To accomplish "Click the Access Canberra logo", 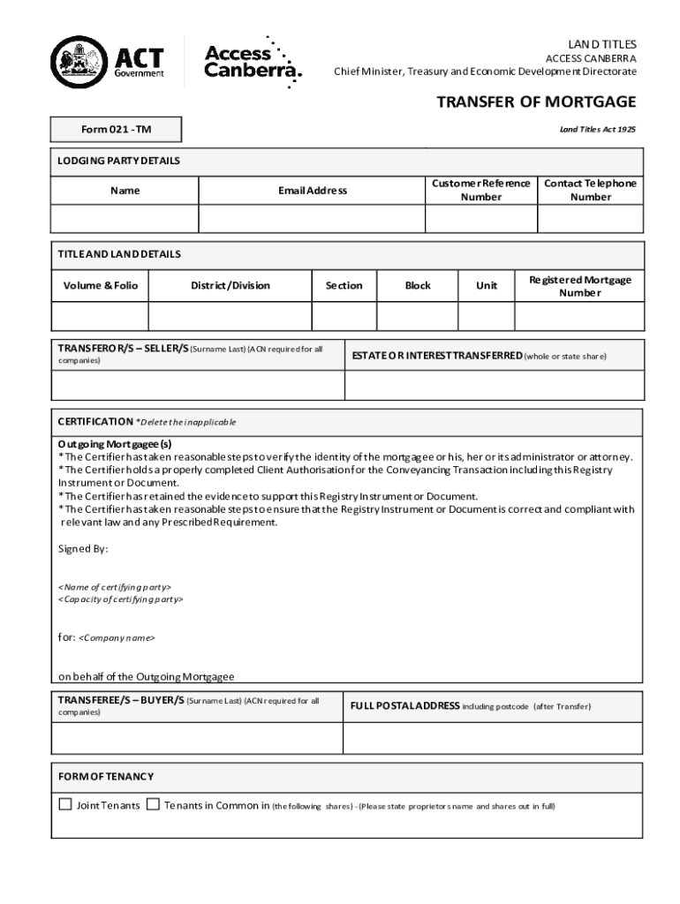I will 252,62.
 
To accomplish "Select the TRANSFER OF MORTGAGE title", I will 536,102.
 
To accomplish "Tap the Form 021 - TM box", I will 117,130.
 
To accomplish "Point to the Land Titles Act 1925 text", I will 597,129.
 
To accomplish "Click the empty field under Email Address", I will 312,218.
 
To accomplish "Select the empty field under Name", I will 125,218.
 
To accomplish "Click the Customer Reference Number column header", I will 480,190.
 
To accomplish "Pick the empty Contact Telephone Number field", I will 590,218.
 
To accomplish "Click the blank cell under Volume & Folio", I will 100,315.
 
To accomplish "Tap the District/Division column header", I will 230,285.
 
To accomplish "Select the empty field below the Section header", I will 344,315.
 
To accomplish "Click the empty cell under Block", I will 418,315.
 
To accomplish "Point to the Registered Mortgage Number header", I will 579,285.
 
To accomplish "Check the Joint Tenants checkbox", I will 65,804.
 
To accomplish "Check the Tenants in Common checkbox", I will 153,804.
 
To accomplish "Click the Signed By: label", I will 83,548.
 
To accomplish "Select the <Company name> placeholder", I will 117,637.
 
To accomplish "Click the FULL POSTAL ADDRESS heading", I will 404,706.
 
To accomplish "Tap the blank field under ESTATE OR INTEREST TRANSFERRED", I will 493,386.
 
